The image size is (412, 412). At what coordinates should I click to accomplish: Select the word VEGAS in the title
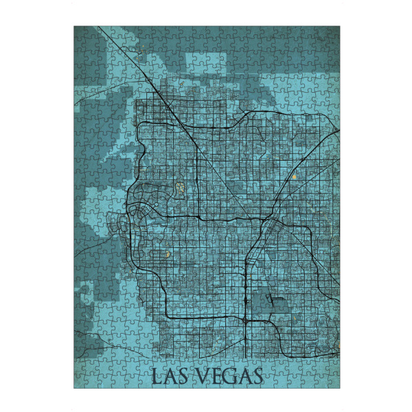(229, 376)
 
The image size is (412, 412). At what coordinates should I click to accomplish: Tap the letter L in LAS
(155, 376)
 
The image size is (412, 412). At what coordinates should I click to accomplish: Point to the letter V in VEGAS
(201, 376)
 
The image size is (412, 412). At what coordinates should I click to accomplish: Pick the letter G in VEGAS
(228, 376)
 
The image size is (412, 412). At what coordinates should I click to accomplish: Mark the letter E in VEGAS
(214, 376)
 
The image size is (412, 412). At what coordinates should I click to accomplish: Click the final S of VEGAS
(256, 376)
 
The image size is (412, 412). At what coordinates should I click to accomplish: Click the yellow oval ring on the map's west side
(179, 187)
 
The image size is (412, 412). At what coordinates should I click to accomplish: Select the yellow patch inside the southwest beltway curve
(166, 253)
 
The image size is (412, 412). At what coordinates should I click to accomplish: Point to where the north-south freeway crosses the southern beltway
(245, 319)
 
